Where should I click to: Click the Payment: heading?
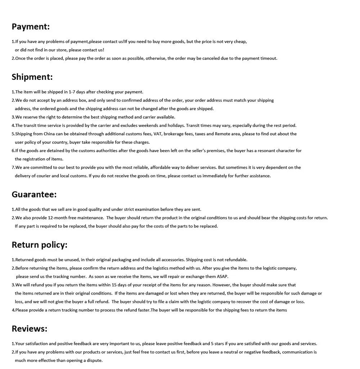tap(31, 27)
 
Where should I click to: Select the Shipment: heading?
tap(32, 77)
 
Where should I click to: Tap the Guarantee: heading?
tap(34, 195)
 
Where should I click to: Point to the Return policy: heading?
tap(40, 245)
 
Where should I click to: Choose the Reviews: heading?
tap(30, 329)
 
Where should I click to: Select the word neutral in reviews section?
tap(231, 352)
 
